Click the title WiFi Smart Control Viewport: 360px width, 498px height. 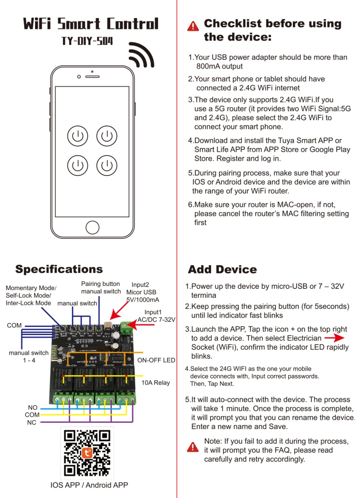tap(90, 23)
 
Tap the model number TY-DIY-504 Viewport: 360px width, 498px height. tap(87, 42)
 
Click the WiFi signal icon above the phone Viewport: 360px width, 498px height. tap(141, 54)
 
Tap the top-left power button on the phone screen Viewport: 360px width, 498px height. tap(77, 135)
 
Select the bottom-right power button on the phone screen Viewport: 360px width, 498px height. tap(107, 165)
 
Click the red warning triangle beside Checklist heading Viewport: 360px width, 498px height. tap(193, 26)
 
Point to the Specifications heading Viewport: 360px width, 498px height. tap(59, 269)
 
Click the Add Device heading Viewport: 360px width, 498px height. tap(222, 269)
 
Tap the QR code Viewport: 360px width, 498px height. tap(87, 453)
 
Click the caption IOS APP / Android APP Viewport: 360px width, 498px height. tap(89, 485)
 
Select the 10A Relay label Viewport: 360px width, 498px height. tap(156, 382)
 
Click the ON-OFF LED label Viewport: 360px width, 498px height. tap(156, 360)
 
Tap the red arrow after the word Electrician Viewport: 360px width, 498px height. tap(334, 337)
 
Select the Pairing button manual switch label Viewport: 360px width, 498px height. tap(100, 287)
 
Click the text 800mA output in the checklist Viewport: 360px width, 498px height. tap(219, 66)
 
